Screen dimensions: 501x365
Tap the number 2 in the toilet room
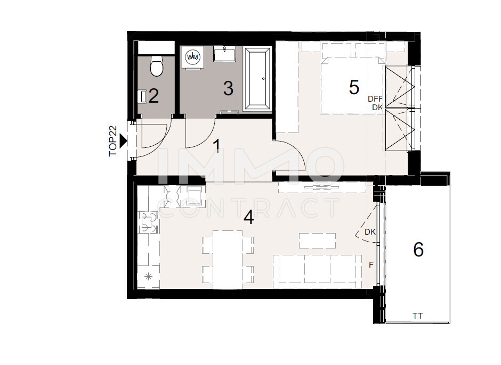point(153,96)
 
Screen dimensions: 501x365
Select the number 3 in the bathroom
point(228,88)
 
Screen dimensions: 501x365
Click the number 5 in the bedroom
point(354,87)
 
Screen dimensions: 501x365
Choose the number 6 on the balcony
point(418,249)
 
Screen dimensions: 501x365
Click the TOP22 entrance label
point(113,141)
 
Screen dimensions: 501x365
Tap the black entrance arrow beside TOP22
point(123,141)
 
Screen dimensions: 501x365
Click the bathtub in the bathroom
point(257,79)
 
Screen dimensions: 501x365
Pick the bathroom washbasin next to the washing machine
point(224,54)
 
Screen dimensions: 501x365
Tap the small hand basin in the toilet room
point(142,96)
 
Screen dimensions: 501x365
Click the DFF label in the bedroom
point(375,99)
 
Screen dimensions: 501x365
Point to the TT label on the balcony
point(418,316)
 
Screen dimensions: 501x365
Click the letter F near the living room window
point(371,265)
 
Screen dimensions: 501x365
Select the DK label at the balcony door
point(370,232)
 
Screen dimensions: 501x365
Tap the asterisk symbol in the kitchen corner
point(149,277)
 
